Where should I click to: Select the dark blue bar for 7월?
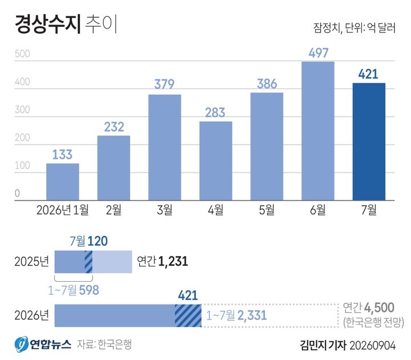[x=369, y=142]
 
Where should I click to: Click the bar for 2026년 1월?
[x=63, y=182]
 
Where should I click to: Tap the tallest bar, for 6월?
[x=318, y=131]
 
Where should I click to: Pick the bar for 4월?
[x=216, y=161]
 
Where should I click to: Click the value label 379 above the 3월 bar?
[x=164, y=84]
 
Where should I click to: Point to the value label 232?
[x=114, y=127]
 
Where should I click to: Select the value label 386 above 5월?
[x=267, y=84]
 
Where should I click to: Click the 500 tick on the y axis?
[x=22, y=54]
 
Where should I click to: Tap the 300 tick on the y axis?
[x=22, y=110]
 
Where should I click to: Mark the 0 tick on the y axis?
[x=17, y=193]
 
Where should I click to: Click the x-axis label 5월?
[x=267, y=210]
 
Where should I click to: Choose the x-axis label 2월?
[x=114, y=210]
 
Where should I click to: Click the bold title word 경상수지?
[x=48, y=24]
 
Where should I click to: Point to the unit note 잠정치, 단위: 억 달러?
[x=354, y=27]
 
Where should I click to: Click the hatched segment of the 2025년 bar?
[x=88, y=262]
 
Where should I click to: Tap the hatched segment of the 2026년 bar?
[x=188, y=315]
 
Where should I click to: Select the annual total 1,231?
[x=174, y=262]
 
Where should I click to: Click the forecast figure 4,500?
[x=379, y=307]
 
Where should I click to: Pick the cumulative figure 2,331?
[x=252, y=315]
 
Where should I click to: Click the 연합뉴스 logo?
[x=43, y=344]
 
